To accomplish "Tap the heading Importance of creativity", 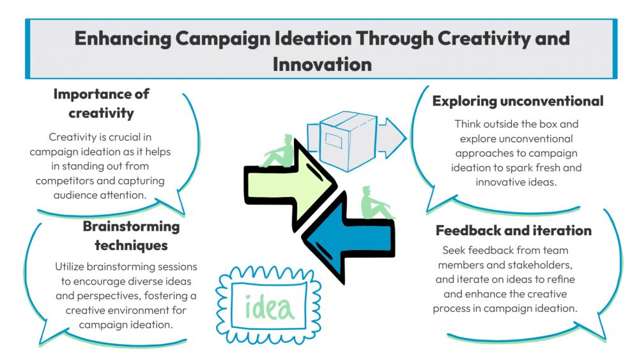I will (x=101, y=104).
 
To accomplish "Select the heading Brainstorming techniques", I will (x=131, y=236).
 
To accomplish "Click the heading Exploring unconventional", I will (x=518, y=101).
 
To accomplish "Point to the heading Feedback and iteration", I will (x=514, y=230).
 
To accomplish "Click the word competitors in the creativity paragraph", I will (x=67, y=181).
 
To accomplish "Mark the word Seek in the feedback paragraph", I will (x=454, y=250).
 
